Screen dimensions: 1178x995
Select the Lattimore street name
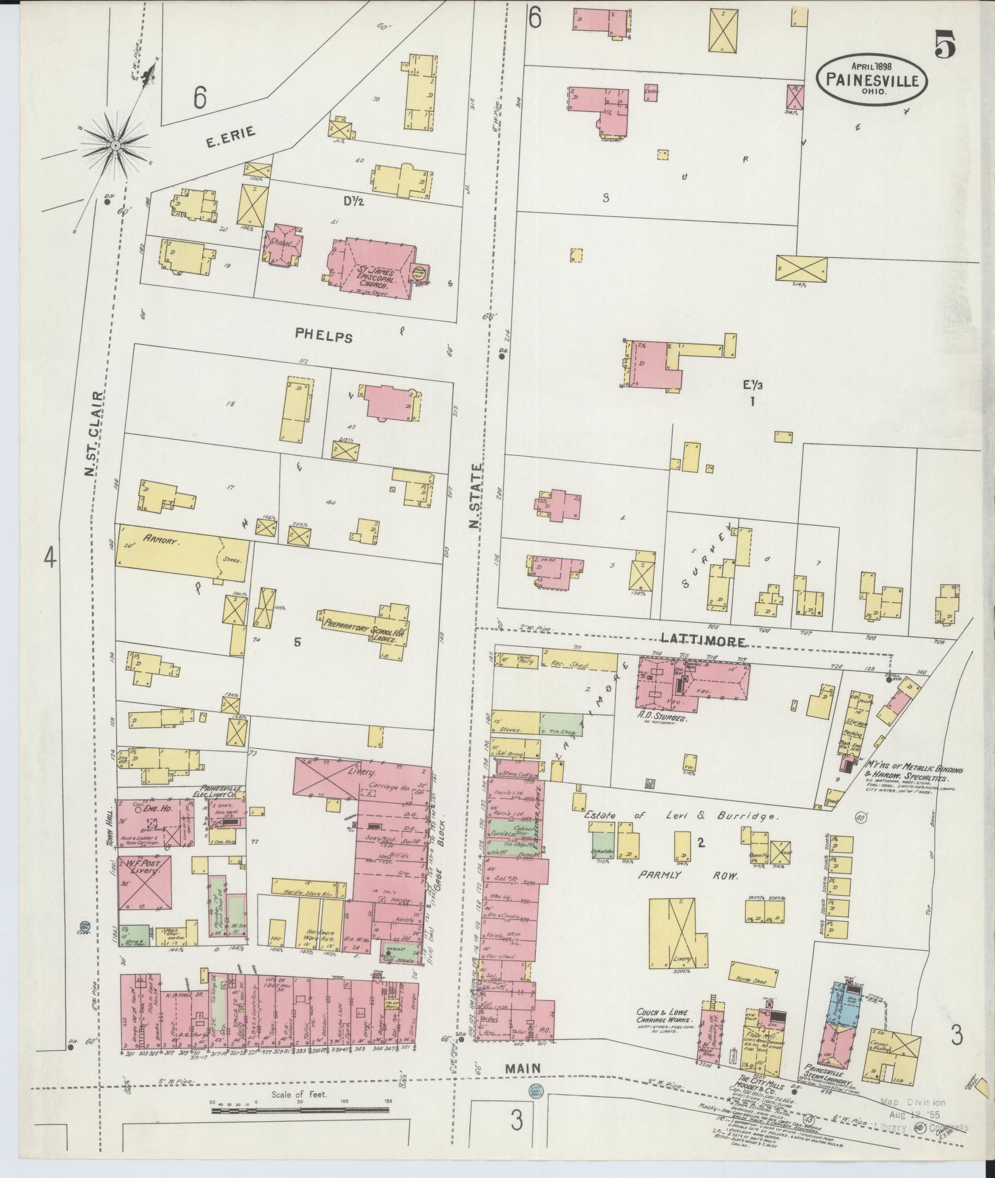coord(703,641)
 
